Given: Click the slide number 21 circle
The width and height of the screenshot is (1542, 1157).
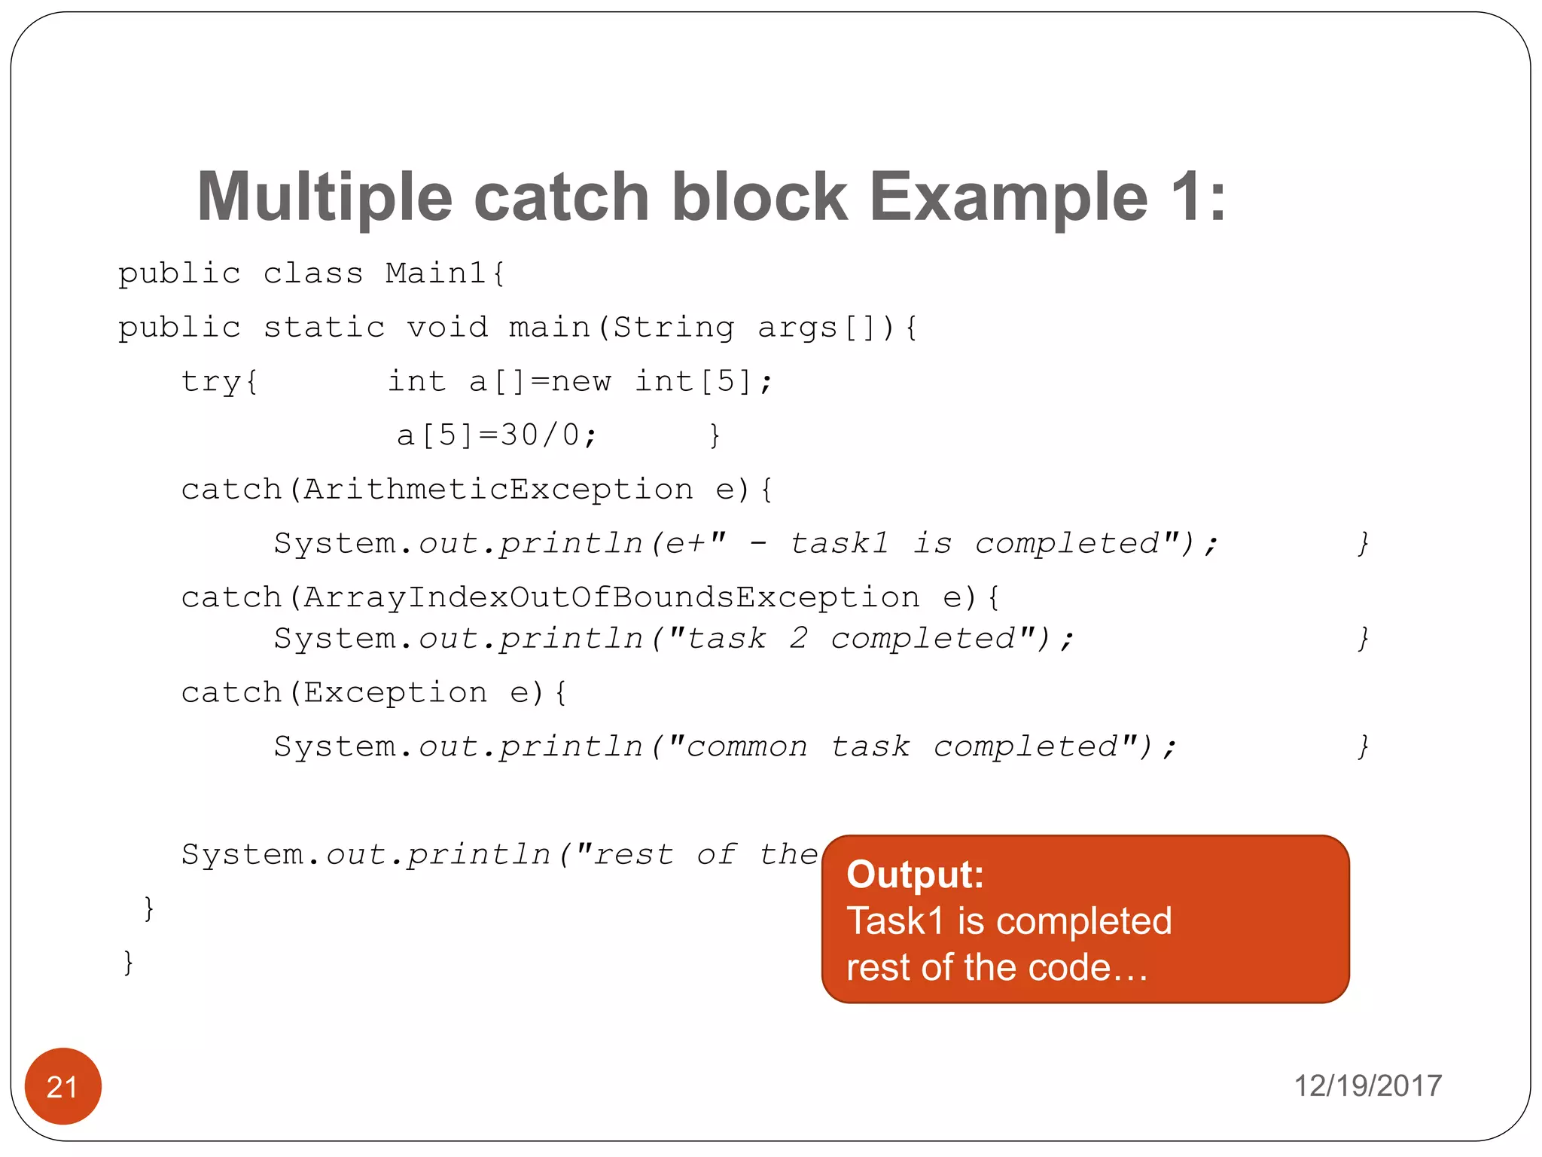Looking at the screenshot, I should tap(62, 1086).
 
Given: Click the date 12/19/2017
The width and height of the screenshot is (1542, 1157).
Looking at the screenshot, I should tap(1367, 1086).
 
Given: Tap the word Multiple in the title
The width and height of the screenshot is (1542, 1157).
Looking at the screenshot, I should tap(325, 197).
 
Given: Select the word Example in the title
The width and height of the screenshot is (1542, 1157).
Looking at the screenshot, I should tap(1008, 197).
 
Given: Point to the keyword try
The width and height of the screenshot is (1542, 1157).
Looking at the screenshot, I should tap(212, 381).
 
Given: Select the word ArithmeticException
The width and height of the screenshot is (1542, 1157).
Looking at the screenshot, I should tap(498, 490).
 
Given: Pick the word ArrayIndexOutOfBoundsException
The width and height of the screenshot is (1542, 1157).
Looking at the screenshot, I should tap(611, 598).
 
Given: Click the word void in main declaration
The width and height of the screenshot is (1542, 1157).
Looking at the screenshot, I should tap(447, 328).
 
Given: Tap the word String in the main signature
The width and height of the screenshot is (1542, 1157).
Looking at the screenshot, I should tap(673, 328).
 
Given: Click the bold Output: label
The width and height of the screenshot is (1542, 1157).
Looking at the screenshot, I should tap(915, 875).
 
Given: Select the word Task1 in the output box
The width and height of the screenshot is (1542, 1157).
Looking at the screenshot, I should tap(895, 921).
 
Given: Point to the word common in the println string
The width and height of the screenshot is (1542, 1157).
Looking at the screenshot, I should tap(747, 747).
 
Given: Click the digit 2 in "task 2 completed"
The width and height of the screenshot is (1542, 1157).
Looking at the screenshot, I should tap(798, 639).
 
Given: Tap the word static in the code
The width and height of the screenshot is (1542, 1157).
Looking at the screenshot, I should tap(324, 328).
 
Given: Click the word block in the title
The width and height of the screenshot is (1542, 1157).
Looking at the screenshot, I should tap(759, 197).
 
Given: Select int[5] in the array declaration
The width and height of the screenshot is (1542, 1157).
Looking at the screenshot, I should tap(693, 381).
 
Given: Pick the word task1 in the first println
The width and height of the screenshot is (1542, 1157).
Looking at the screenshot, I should tap(840, 544).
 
